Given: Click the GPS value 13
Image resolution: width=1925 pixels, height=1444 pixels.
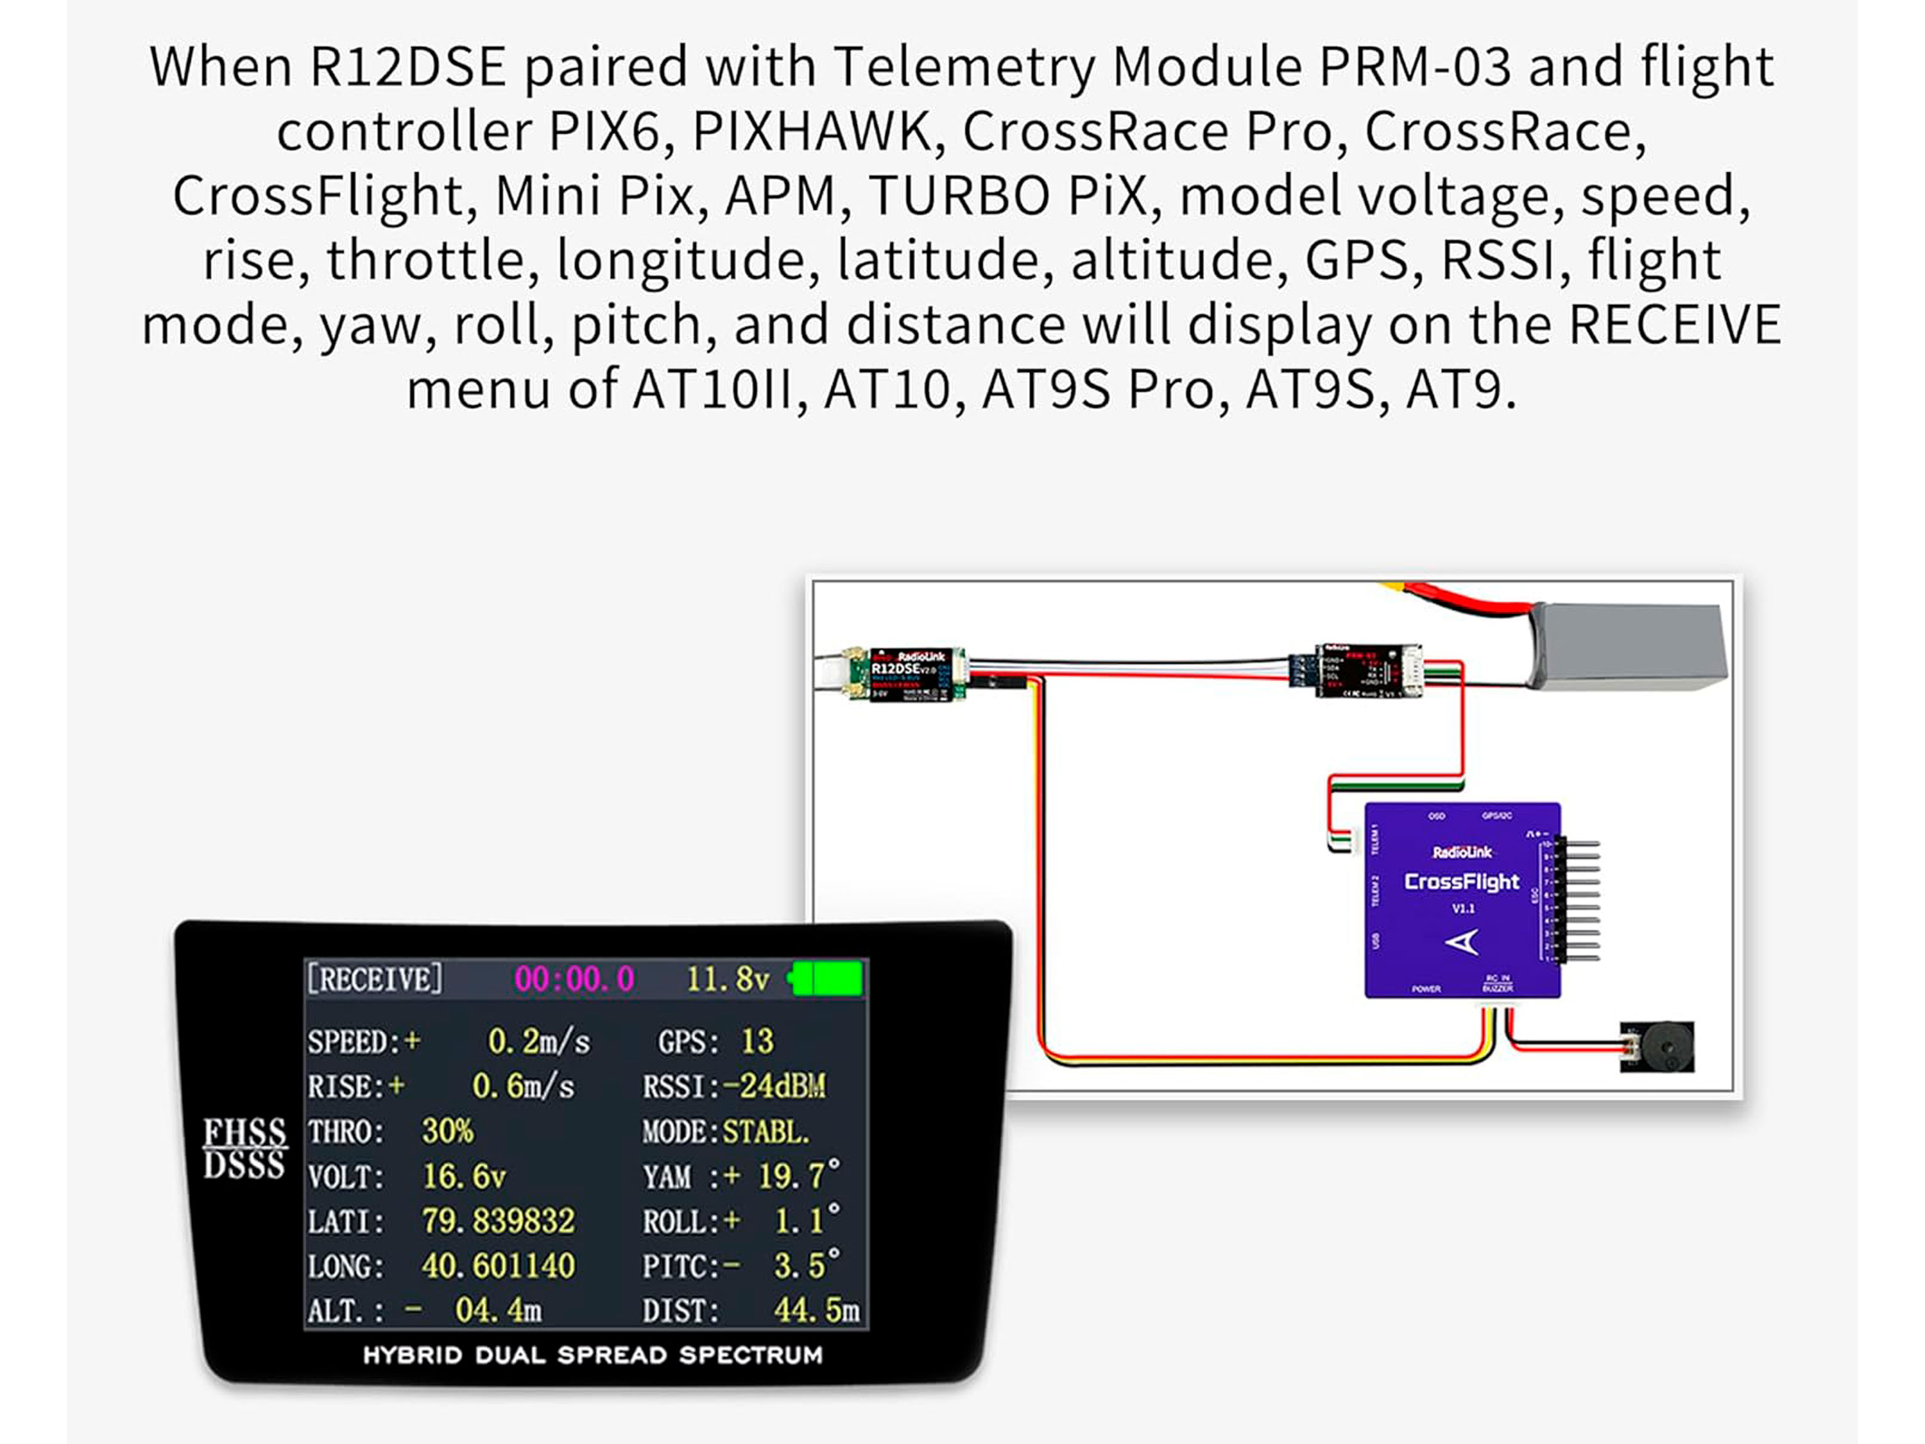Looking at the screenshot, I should click(757, 1041).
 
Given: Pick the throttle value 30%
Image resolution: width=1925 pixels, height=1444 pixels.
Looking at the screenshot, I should click(447, 1131).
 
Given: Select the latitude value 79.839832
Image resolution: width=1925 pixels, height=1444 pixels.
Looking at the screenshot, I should click(498, 1221).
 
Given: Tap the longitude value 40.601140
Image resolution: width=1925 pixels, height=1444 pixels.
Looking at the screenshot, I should click(498, 1266).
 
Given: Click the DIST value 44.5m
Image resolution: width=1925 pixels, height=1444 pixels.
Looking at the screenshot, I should click(816, 1310).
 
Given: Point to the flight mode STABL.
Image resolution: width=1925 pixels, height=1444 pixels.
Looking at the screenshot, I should click(766, 1131).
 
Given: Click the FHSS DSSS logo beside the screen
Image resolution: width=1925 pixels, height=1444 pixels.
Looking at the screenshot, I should click(244, 1148).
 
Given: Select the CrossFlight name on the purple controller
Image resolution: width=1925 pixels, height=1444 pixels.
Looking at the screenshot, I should click(1462, 882).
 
